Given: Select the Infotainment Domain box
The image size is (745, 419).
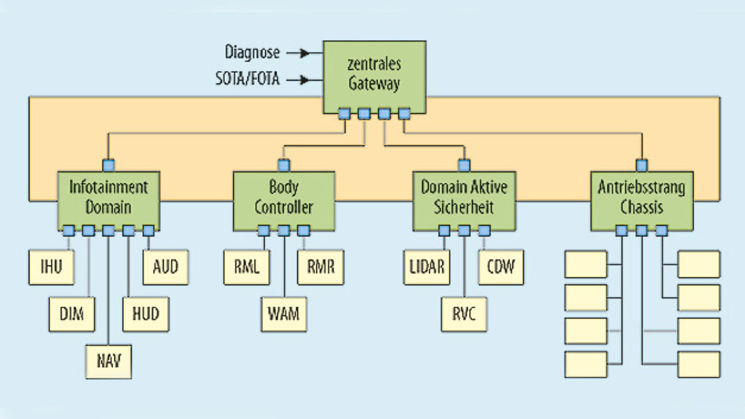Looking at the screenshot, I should (x=109, y=197).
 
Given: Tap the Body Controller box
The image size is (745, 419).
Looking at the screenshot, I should (x=284, y=197).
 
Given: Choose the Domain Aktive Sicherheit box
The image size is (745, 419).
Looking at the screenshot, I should (x=464, y=197).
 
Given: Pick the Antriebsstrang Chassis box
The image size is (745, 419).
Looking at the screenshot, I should (x=642, y=197).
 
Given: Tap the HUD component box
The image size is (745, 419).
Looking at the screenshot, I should (x=146, y=314).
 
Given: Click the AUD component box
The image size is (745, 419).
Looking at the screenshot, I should (x=165, y=267).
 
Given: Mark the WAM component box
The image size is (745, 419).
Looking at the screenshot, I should (x=284, y=314).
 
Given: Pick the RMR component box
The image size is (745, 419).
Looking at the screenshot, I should (x=320, y=267).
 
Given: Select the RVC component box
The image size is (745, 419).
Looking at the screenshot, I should (x=464, y=314).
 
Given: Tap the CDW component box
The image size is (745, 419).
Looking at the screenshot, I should (x=500, y=267).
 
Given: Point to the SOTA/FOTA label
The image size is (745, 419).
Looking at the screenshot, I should (x=247, y=78).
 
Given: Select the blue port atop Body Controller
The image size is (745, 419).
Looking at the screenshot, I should (x=284, y=165).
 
